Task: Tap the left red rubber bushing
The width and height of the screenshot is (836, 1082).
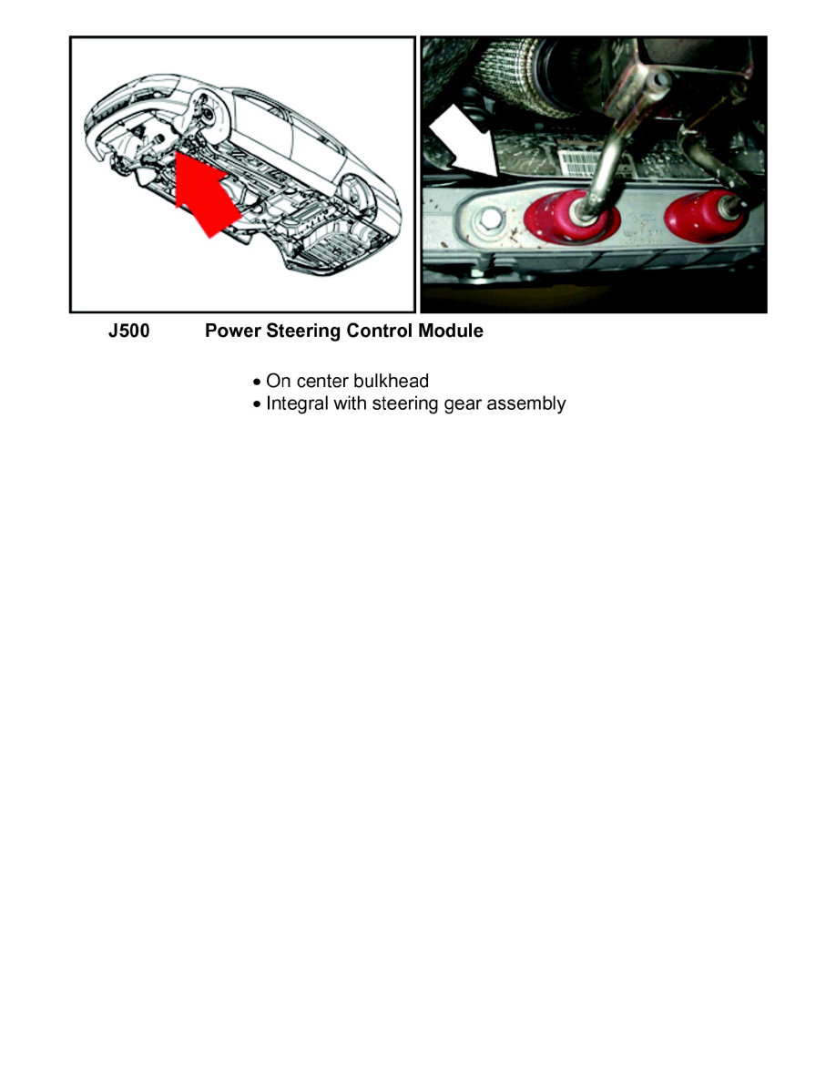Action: [570, 220]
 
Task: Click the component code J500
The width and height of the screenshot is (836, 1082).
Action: [128, 332]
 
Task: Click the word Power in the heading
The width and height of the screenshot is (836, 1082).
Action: [233, 332]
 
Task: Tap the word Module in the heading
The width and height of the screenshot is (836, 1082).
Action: [451, 332]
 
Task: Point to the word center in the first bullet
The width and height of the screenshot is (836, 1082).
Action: [321, 381]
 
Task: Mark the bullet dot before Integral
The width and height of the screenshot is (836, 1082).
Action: [258, 404]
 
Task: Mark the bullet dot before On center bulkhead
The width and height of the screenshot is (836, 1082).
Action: [258, 382]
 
